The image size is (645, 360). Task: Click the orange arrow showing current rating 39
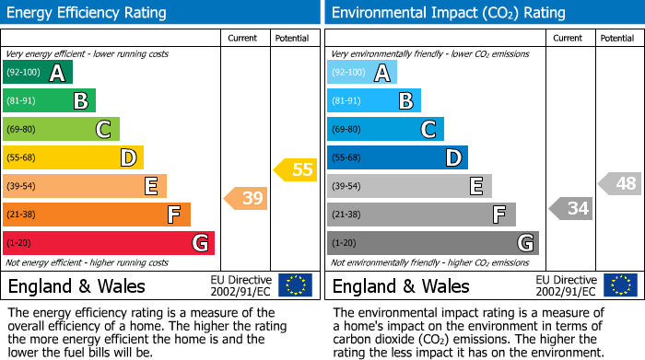[x=245, y=198]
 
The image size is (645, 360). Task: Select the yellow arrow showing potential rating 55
[x=295, y=169]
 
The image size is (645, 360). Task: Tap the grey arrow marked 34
[x=570, y=209]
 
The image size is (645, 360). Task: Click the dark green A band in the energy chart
[x=37, y=73]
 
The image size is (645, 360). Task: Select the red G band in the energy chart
[x=108, y=243]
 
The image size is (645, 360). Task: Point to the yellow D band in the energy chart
[x=73, y=158]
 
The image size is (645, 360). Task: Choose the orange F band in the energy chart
[x=97, y=215]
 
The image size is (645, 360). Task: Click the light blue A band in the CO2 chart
[x=362, y=73]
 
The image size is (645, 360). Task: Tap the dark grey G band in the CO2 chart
[x=432, y=243]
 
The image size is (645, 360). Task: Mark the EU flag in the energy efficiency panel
[x=295, y=285]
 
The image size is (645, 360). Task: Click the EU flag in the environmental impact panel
[x=619, y=285]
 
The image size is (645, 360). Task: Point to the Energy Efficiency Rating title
[x=88, y=13]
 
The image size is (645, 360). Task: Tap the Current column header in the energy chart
[x=243, y=38]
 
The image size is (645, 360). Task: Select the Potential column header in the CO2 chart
[x=617, y=38]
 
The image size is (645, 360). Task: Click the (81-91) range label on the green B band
[x=23, y=101]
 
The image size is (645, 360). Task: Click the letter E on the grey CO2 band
[x=475, y=186]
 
